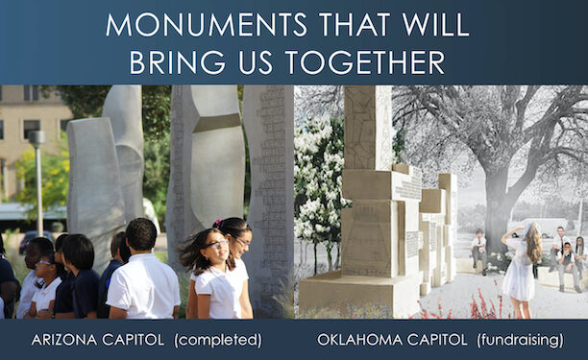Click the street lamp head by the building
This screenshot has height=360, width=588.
click(37, 137)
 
